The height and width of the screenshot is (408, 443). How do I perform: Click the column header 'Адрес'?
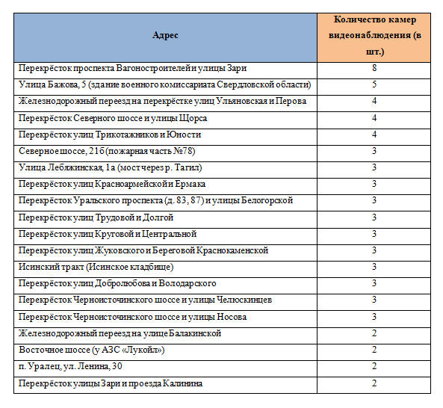tap(165, 35)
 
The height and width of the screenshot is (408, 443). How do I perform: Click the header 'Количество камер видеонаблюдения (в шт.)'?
tap(374, 36)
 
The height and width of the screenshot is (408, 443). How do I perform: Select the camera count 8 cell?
tap(374, 68)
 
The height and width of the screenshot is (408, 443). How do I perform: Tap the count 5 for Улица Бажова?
tap(374, 84)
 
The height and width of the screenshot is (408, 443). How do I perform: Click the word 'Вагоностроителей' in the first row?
tap(153, 69)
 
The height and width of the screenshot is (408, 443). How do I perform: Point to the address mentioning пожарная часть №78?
tap(107, 151)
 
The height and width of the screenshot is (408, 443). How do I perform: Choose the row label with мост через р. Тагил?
tap(110, 167)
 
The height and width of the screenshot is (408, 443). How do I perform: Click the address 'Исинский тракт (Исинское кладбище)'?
tap(96, 267)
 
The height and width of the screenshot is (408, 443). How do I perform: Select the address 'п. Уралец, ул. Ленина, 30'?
tap(70, 366)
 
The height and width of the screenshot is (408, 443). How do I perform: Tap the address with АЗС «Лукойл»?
tap(92, 350)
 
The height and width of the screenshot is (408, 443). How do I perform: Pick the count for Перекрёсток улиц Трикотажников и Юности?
tap(374, 135)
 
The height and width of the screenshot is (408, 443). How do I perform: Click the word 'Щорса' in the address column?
tap(193, 118)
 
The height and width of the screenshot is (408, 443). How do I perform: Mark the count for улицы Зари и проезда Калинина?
tap(374, 383)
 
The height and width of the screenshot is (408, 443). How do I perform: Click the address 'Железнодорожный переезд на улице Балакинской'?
tap(120, 334)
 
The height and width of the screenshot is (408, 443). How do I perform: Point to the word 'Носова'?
tap(232, 317)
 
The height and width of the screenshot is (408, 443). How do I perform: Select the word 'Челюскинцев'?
tap(244, 300)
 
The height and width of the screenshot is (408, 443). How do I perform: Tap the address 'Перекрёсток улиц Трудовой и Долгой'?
tap(96, 217)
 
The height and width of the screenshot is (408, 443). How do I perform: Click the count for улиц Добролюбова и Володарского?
tap(374, 283)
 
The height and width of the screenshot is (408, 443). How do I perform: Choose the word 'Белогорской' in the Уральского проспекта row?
tap(267, 200)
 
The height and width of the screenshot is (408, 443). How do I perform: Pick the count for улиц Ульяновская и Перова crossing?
tap(374, 101)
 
